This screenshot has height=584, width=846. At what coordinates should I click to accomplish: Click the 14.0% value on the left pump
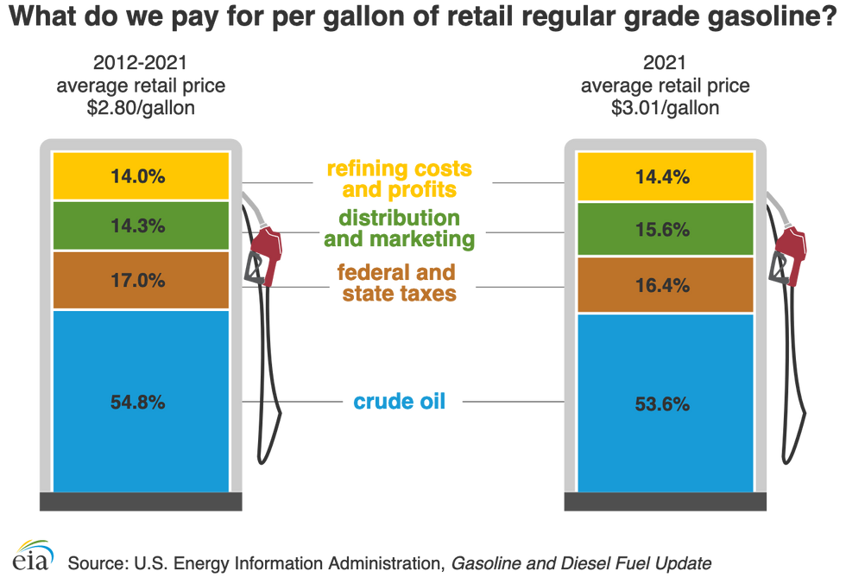138,176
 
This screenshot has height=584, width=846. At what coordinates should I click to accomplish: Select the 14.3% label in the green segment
138,226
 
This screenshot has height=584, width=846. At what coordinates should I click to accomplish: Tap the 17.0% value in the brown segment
138,280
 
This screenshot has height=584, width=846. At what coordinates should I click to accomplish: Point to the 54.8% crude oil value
138,402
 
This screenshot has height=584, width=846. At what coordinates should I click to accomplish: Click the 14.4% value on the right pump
662,177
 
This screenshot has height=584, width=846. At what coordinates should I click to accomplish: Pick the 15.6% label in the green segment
662,230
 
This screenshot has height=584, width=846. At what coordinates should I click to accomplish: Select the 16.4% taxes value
662,284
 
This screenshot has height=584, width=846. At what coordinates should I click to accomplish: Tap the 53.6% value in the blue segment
662,403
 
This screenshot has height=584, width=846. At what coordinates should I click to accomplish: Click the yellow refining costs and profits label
400,180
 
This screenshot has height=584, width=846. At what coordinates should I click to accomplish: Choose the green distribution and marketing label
400,230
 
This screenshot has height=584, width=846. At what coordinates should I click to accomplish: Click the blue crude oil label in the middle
400,402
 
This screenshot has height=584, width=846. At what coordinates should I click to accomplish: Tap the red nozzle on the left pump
264,253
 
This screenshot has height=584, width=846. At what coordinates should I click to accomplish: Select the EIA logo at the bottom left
33,555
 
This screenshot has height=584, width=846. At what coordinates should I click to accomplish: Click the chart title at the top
422,16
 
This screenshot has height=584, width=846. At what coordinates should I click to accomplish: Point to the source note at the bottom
388,563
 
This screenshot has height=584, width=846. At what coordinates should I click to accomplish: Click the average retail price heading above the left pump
141,86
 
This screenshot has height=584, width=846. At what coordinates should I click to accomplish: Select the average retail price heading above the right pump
665,86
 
